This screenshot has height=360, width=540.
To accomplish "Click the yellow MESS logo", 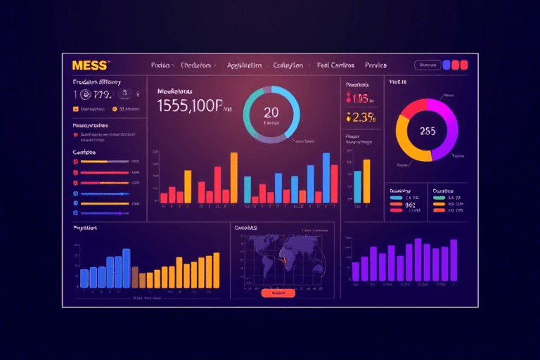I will (x=90, y=65).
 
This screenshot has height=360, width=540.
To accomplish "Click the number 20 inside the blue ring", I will (x=271, y=112).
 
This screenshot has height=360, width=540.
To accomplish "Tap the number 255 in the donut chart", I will (x=427, y=131).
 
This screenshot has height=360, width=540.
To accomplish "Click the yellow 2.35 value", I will (x=362, y=117).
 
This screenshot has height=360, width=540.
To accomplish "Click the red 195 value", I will (x=361, y=99).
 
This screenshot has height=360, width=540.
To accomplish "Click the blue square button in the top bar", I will (x=446, y=65).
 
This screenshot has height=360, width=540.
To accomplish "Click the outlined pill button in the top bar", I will (x=426, y=65).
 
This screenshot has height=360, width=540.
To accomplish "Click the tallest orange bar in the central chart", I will (x=233, y=177).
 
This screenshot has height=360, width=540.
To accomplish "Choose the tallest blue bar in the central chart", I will (x=326, y=177).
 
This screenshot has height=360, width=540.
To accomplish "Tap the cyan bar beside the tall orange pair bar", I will (x=357, y=186).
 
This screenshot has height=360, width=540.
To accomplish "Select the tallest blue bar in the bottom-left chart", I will (x=127, y=268).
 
